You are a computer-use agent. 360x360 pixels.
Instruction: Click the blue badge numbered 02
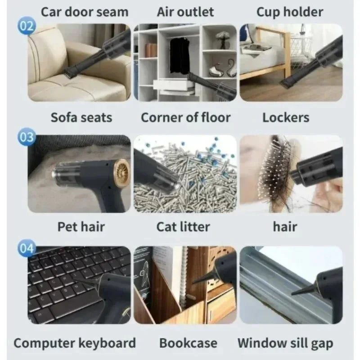click(x=27, y=26)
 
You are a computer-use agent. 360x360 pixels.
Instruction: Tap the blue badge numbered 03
click(x=27, y=137)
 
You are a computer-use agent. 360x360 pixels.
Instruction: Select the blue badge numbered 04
click(x=27, y=248)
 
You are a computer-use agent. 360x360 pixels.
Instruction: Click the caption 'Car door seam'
click(x=85, y=12)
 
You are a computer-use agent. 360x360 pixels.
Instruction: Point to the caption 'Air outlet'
click(x=185, y=12)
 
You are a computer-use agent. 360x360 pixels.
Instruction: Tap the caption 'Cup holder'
click(x=290, y=12)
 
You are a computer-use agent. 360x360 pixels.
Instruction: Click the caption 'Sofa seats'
click(x=81, y=117)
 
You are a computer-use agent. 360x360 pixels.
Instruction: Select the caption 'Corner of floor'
click(x=185, y=117)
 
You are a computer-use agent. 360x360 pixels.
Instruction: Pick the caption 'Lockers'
click(x=286, y=117)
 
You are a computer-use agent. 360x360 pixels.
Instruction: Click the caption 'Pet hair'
click(x=81, y=227)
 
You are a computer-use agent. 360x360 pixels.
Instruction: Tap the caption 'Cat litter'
click(x=183, y=227)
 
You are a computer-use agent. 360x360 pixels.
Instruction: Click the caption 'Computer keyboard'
click(x=75, y=343)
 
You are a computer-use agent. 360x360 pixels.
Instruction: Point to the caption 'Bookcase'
click(x=188, y=343)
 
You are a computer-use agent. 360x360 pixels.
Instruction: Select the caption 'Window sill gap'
click(x=285, y=343)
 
